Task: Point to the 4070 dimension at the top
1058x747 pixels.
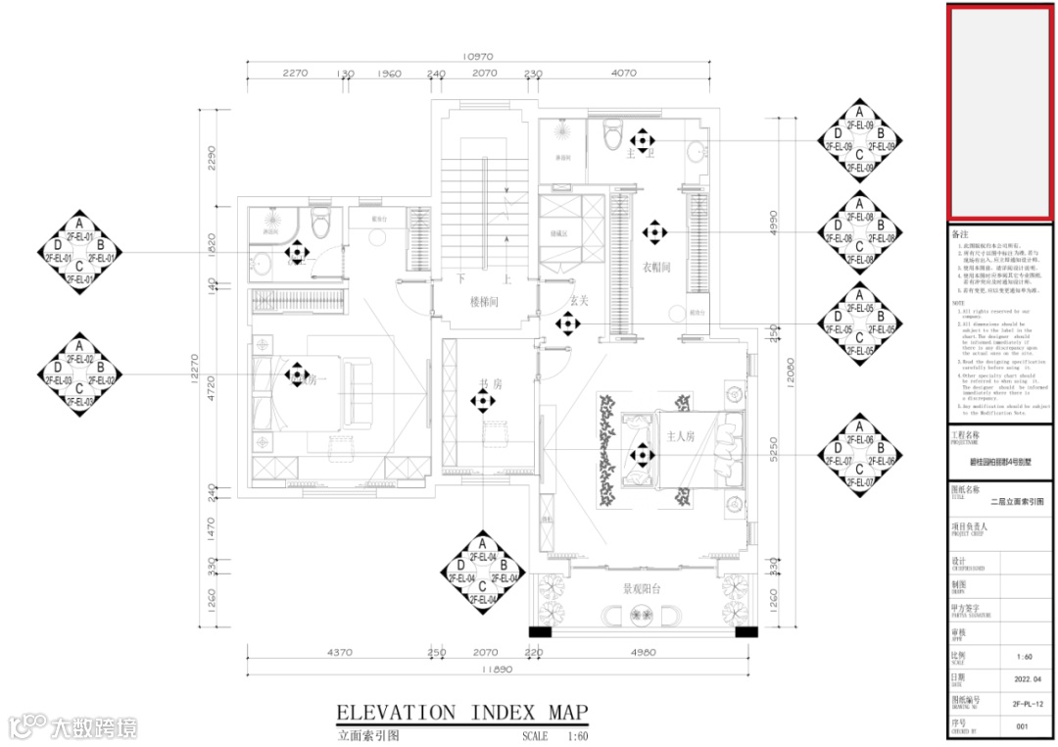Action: (x=623, y=73)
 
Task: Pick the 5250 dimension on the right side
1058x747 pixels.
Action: (x=772, y=449)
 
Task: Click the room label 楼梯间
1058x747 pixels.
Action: (x=484, y=302)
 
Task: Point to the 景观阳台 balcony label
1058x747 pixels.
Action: (x=643, y=589)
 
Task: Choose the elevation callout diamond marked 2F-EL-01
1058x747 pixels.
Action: (x=79, y=251)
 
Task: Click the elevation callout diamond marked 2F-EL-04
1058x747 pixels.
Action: (x=481, y=572)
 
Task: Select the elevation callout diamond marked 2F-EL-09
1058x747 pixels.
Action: (x=859, y=140)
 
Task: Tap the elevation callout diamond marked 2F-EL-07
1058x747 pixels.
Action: (x=859, y=455)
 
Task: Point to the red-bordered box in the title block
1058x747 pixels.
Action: (x=997, y=113)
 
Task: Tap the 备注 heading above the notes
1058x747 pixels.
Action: (x=960, y=236)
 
